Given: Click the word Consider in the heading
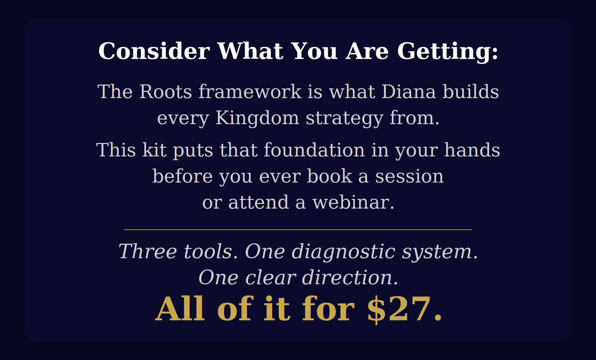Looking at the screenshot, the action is (x=154, y=51).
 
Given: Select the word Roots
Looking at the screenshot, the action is (x=166, y=92).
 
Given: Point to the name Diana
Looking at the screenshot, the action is (x=409, y=92).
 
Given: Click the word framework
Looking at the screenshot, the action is (x=250, y=92).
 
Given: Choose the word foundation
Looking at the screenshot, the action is (x=314, y=150).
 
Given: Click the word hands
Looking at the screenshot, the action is (x=472, y=150).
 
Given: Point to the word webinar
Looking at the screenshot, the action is (x=353, y=202).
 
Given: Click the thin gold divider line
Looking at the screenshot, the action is (x=298, y=230).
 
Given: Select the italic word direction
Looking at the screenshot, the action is (x=350, y=277).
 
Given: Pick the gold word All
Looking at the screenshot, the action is (x=180, y=308).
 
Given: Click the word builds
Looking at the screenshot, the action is (x=471, y=92).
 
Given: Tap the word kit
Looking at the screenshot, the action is (x=155, y=150).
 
